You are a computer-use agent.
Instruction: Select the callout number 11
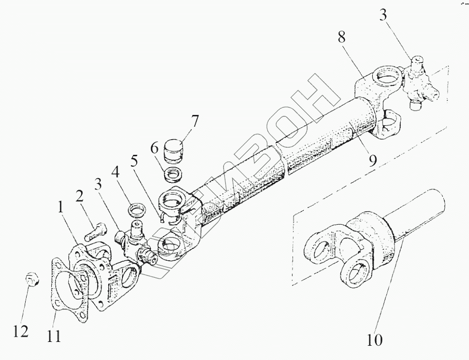pos(54,336)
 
